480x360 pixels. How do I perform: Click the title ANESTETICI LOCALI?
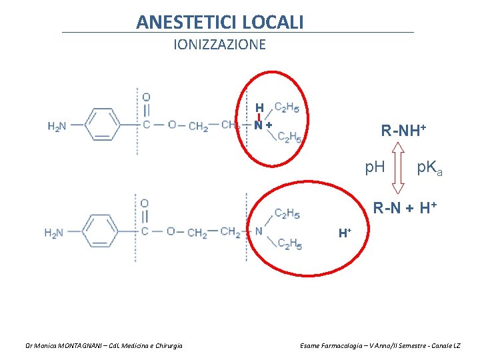(220, 22)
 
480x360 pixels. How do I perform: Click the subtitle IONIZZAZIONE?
(219, 45)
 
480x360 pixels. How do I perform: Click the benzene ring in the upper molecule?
(102, 125)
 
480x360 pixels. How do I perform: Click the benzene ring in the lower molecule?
(101, 232)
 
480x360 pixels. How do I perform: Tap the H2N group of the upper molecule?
(57, 125)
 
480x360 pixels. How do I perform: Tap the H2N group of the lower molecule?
(54, 233)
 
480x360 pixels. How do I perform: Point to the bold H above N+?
(259, 108)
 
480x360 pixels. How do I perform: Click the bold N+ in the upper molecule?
(262, 125)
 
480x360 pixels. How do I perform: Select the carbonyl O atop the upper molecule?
(146, 97)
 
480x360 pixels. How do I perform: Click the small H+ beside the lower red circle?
(345, 233)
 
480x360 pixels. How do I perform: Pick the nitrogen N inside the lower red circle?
(259, 231)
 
